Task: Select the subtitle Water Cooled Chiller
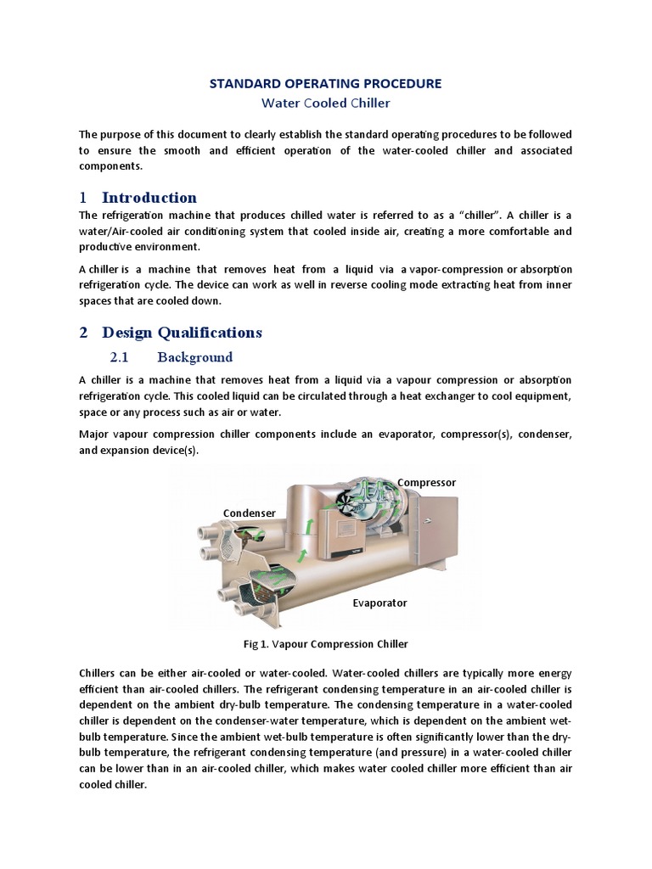tap(325, 103)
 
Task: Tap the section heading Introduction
tap(149, 198)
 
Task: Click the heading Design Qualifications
tap(182, 332)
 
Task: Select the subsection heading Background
tap(194, 357)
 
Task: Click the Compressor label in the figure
tap(426, 482)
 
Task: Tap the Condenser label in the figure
tap(249, 513)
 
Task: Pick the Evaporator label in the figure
tap(379, 603)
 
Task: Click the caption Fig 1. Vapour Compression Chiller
tap(325, 644)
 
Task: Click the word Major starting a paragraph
tap(95, 434)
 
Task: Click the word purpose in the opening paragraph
tap(121, 135)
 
